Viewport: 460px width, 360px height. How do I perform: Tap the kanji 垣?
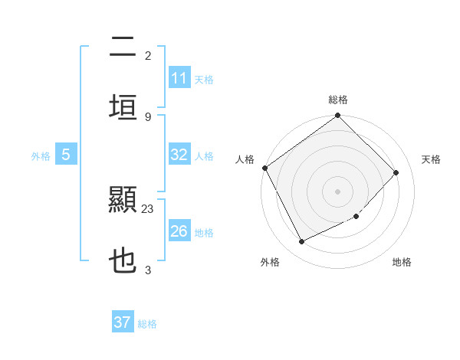click(123, 106)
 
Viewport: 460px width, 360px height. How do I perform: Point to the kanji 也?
click(123, 260)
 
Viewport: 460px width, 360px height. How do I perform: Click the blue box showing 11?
click(179, 78)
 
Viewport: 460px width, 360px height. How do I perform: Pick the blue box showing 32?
click(179, 155)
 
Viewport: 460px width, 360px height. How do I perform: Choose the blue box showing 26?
click(179, 231)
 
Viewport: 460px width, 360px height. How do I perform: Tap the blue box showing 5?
click(66, 155)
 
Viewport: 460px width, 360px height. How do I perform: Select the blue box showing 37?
click(123, 322)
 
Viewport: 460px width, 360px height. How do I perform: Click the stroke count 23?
click(148, 208)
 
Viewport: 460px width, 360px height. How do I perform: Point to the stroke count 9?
click(148, 116)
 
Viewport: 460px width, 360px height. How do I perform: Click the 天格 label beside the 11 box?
click(204, 79)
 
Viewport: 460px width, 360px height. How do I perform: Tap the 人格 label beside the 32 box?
click(204, 155)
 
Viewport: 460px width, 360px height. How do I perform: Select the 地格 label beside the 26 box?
click(204, 232)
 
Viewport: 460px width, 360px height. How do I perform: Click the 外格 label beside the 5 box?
click(41, 155)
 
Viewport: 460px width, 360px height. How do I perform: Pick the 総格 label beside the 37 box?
click(147, 323)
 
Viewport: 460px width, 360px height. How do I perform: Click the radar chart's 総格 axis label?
click(338, 100)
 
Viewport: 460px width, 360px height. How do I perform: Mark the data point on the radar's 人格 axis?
click(265, 168)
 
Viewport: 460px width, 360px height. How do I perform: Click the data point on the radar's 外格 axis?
click(301, 242)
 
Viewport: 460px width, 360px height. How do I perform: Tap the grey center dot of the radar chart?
click(338, 191)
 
